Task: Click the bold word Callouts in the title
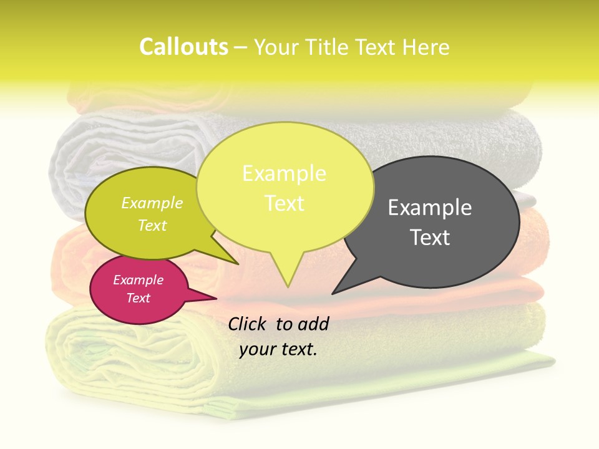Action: tap(183, 47)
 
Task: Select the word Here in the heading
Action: tap(425, 47)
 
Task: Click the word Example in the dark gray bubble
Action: tap(430, 208)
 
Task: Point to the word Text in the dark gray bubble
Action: tap(430, 238)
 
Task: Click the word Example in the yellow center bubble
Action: tap(284, 173)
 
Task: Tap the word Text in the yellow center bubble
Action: tap(284, 203)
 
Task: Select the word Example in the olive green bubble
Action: tap(152, 203)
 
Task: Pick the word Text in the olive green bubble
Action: tap(152, 225)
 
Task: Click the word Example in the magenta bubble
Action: tap(139, 280)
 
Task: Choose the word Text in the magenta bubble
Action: tap(139, 298)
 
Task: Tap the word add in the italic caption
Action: tap(313, 324)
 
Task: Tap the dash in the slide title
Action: tap(241, 47)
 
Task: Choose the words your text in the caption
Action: tap(278, 349)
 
